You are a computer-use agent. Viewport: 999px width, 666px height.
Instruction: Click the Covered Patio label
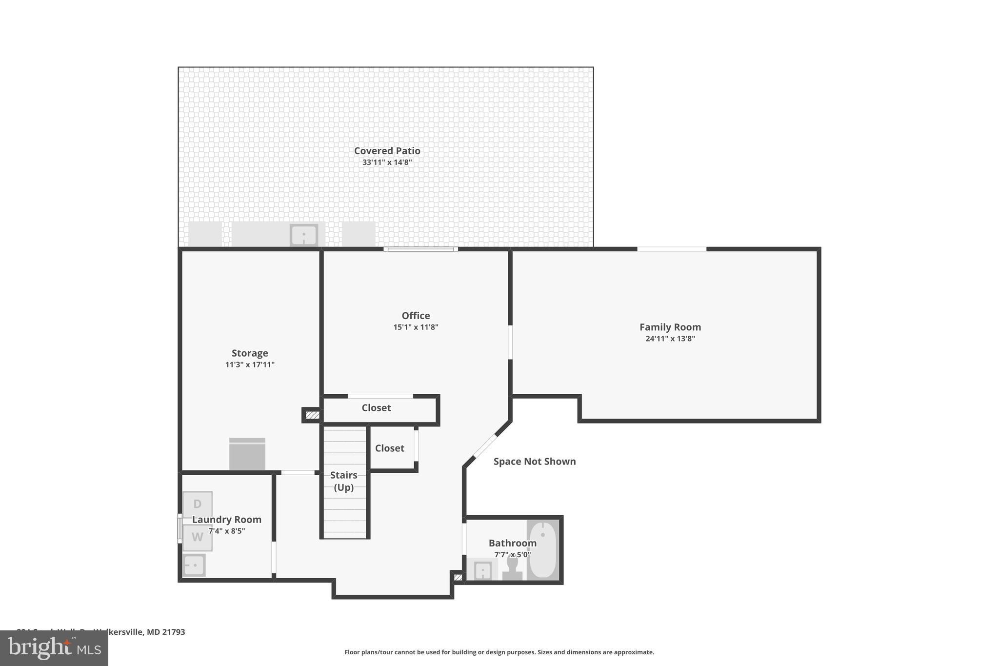387,151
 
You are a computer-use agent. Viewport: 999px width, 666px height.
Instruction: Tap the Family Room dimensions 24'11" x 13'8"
670,339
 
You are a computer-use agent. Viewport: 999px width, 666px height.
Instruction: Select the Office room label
416,316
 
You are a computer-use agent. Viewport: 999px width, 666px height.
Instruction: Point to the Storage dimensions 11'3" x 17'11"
250,364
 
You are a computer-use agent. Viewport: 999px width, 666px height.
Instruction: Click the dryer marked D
198,504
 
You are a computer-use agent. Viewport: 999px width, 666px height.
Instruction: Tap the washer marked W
198,537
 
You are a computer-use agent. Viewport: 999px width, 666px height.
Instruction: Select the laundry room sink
194,565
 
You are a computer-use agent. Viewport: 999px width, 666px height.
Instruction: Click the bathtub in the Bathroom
542,550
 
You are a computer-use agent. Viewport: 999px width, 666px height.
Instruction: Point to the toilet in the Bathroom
512,568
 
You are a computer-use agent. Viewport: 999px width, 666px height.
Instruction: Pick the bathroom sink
482,570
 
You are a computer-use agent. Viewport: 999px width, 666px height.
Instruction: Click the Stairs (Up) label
343,481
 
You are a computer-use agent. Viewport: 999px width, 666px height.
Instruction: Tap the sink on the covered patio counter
304,235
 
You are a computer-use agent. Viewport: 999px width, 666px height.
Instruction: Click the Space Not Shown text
534,462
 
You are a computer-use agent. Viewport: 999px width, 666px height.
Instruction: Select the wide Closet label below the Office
376,408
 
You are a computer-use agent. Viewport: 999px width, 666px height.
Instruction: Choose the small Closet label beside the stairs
389,448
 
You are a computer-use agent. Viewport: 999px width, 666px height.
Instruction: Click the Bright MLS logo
54,648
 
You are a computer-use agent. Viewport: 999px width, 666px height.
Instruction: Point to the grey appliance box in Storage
247,454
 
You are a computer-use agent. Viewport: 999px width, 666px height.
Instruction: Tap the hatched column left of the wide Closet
312,415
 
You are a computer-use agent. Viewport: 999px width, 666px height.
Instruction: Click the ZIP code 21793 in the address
174,632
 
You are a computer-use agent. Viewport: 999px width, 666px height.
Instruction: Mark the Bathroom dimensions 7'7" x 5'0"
512,555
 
